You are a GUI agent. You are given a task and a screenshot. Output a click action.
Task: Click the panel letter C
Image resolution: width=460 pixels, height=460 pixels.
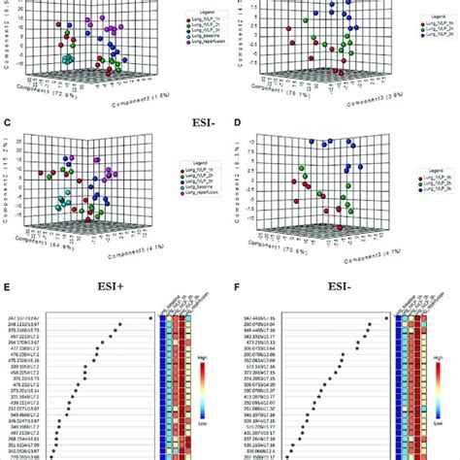8,124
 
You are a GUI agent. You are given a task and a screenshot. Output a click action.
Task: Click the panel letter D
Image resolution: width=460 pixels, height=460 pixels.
239,124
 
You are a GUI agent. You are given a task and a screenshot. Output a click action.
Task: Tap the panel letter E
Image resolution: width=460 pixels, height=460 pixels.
8,287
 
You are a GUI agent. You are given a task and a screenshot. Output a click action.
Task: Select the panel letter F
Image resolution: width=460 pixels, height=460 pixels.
239,287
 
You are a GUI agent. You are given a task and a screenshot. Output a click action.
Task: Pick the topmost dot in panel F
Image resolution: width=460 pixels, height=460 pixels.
385,316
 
